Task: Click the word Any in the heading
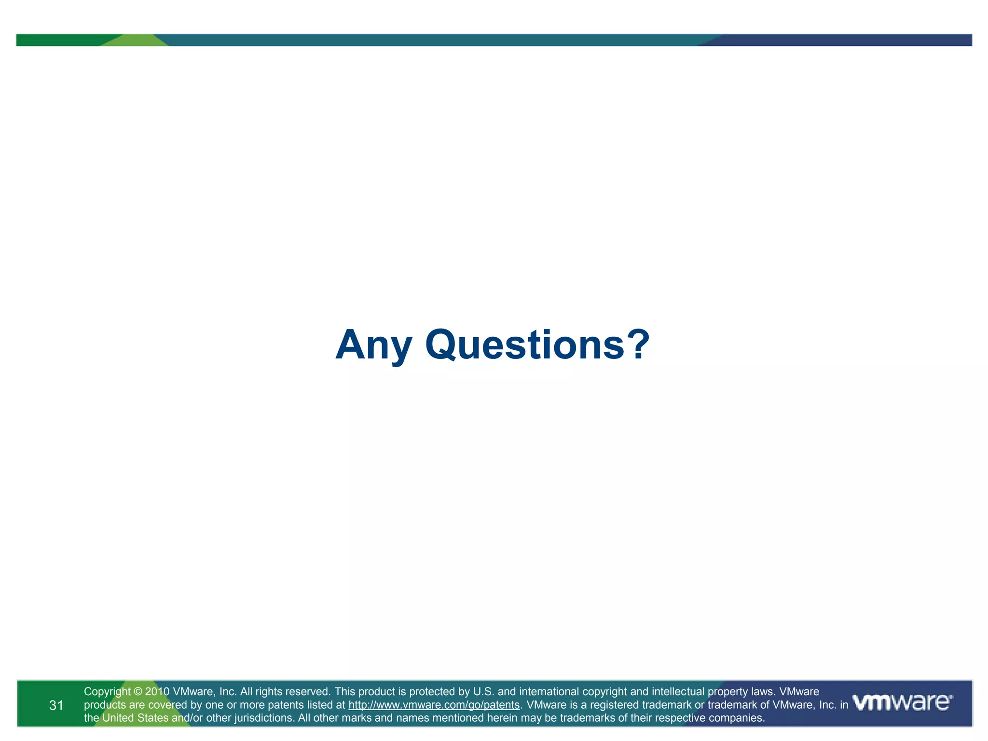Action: coord(373,346)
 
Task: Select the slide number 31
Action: coord(56,705)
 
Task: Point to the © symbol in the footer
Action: coord(137,692)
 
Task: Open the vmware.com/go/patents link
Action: coord(434,705)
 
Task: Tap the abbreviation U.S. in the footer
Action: coord(484,692)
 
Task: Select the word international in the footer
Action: coord(548,692)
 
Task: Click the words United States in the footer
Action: coord(135,718)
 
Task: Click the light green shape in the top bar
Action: coord(135,41)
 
